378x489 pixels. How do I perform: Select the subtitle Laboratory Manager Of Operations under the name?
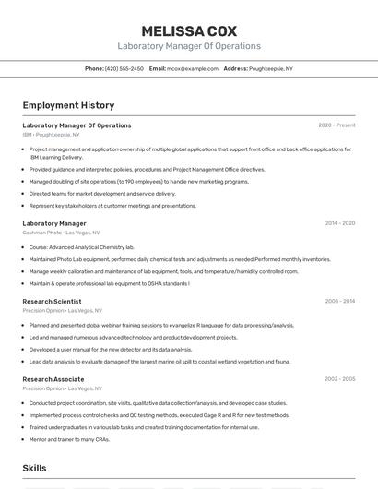[188, 46]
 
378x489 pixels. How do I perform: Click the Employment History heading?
[68, 106]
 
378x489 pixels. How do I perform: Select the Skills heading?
[35, 469]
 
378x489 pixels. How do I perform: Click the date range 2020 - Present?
[337, 125]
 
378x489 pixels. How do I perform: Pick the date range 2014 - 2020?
[339, 223]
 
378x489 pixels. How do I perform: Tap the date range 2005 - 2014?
[339, 301]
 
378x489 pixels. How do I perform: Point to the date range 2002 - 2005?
[339, 379]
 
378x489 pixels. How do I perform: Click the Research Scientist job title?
[52, 301]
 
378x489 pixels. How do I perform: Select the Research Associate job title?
[53, 379]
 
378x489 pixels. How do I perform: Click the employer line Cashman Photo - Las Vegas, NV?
[62, 233]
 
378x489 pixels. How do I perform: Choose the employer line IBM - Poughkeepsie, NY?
[51, 135]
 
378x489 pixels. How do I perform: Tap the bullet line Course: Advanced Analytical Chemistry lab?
[81, 247]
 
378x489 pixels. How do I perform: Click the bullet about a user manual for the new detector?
[111, 350]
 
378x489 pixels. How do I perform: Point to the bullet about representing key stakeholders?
[112, 206]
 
